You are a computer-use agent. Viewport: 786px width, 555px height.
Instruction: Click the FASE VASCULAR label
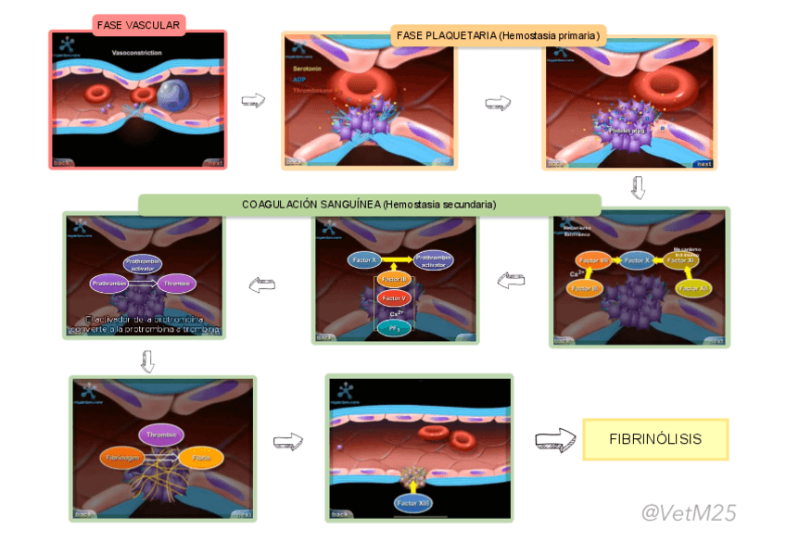(x=139, y=25)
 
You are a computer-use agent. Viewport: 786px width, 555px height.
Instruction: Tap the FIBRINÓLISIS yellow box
(x=655, y=439)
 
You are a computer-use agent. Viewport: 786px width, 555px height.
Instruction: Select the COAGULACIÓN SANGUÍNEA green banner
(x=369, y=204)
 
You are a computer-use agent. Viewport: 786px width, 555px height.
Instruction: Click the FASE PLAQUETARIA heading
(x=499, y=36)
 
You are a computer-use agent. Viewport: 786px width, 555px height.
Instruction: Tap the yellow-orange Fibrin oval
(x=201, y=458)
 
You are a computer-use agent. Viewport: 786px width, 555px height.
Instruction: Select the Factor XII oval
(x=691, y=289)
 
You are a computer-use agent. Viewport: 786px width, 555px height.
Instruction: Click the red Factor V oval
(x=394, y=298)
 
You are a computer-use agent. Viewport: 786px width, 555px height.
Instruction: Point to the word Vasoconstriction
(x=136, y=53)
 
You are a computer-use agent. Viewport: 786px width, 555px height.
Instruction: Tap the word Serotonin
(x=307, y=69)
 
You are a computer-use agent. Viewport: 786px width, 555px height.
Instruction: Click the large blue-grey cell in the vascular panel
(x=172, y=95)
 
